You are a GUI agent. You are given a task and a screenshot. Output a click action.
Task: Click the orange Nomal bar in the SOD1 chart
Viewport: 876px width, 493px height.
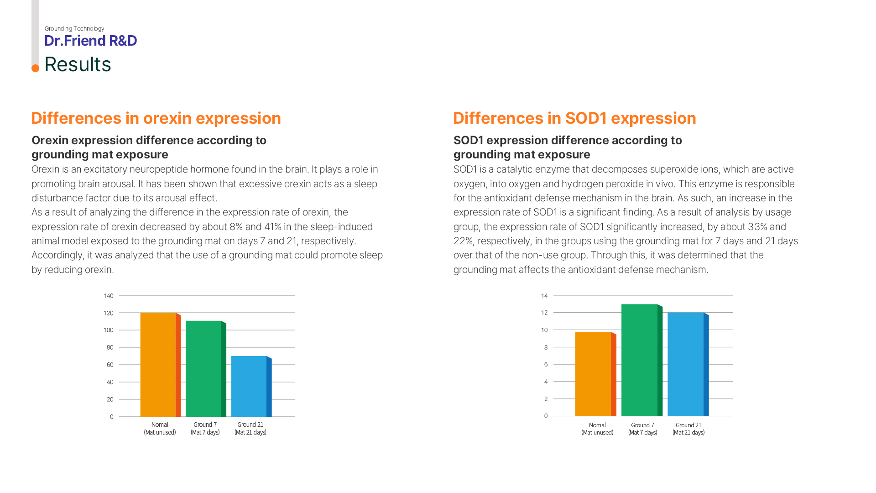[x=593, y=374]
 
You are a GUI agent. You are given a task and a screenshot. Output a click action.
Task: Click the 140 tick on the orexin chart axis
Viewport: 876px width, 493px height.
[x=108, y=296]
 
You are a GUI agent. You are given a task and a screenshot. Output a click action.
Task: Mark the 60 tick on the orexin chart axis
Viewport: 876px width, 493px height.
[x=110, y=365]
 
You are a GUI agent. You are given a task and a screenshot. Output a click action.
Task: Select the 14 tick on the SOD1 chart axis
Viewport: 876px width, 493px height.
[x=544, y=296]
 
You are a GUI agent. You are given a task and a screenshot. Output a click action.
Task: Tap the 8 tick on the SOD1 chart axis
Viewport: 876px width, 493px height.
[x=546, y=347]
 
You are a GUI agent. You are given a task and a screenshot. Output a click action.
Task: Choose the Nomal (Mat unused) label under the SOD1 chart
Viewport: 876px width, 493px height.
[x=597, y=429]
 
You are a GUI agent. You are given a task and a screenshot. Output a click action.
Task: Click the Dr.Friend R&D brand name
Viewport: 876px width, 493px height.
[x=90, y=41]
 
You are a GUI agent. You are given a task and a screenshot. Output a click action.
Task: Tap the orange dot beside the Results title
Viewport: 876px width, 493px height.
[x=35, y=68]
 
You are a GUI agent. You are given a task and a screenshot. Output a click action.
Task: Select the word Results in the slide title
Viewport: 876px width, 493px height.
[x=78, y=64]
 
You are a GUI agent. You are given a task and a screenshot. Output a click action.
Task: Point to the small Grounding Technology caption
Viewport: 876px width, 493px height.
[x=74, y=28]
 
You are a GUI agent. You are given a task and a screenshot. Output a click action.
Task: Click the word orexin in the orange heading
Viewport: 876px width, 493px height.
[x=167, y=118]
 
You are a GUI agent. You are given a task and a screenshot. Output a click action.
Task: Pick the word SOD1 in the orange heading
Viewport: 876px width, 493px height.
[x=586, y=118]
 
